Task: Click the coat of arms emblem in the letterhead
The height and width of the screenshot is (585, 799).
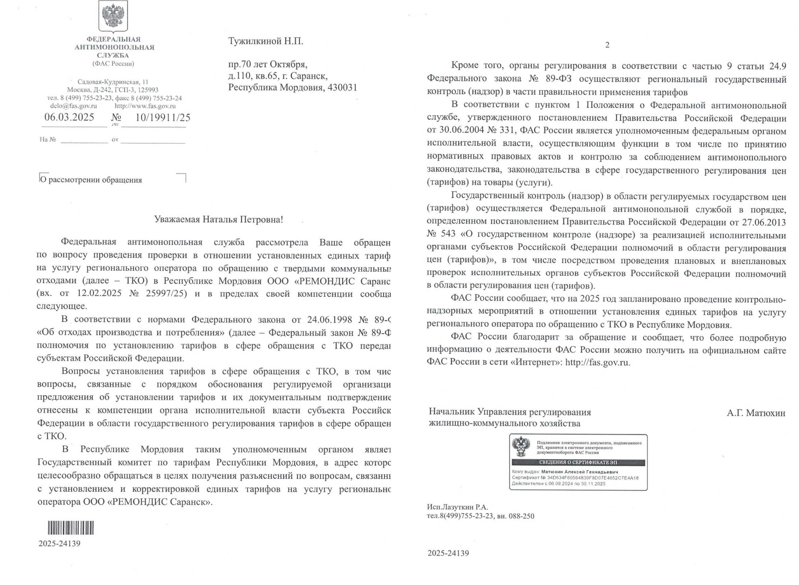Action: [113, 16]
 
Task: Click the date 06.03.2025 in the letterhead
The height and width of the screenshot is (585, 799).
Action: [69, 117]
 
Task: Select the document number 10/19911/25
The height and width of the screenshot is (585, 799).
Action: [163, 117]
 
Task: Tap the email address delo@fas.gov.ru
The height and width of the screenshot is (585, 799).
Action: [73, 106]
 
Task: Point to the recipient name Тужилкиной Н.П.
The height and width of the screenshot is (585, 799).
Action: [266, 41]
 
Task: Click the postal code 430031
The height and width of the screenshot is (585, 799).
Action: [342, 87]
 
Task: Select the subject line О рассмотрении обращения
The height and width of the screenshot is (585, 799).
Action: [91, 180]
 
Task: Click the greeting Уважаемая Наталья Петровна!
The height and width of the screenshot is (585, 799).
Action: [218, 219]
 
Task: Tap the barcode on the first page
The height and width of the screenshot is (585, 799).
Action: [71, 528]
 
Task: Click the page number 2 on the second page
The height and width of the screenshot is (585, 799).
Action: [608, 45]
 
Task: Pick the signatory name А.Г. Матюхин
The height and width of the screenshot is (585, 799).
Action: [756, 413]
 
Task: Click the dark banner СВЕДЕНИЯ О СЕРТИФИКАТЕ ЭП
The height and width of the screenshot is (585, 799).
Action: [578, 463]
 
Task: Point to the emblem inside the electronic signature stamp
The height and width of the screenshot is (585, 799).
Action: [521, 447]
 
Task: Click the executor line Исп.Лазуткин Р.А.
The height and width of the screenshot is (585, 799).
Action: [457, 507]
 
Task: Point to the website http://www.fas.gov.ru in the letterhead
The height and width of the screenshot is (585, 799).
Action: [145, 106]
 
